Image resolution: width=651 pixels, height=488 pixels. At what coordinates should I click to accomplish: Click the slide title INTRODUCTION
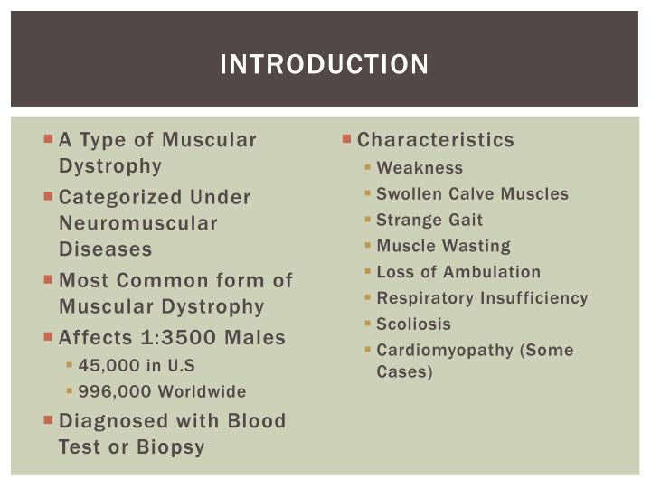pos(325,65)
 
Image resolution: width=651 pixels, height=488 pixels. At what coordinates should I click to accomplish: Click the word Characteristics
pos(436,140)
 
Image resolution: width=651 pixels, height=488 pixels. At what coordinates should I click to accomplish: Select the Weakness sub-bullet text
pos(420,168)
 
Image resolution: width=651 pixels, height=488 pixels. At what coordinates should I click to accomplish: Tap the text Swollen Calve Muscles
pos(472,193)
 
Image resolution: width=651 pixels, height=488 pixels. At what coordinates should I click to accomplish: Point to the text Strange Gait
pos(429,220)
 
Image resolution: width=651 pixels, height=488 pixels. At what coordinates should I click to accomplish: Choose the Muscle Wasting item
pos(443,246)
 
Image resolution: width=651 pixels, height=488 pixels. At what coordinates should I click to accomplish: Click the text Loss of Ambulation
pos(458,272)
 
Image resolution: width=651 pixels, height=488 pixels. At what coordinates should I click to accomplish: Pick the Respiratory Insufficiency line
pos(482,298)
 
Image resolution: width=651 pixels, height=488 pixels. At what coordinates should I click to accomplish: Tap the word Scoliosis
pos(413,324)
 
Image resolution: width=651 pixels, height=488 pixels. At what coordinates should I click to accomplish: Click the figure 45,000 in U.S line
pos(137,366)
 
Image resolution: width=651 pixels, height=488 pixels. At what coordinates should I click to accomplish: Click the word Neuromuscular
pos(138,222)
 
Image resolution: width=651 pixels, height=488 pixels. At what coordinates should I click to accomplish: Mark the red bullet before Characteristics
pos(347,139)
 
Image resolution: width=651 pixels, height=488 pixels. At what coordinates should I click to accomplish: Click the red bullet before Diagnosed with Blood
pos(48,420)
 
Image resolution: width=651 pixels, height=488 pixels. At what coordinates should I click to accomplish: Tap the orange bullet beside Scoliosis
pos(368,324)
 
